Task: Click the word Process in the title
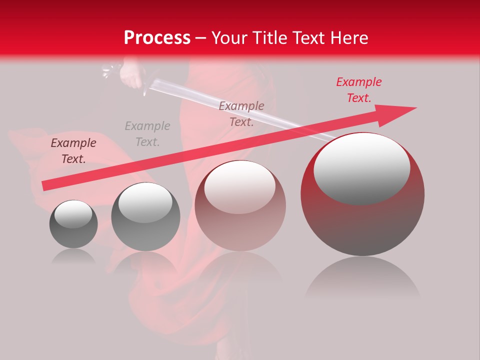click(157, 38)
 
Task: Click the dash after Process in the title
click(201, 38)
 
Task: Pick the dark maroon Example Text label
click(73, 151)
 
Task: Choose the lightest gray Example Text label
click(147, 133)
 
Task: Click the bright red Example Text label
click(358, 90)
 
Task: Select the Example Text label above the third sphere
click(241, 113)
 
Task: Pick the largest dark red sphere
click(362, 220)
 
